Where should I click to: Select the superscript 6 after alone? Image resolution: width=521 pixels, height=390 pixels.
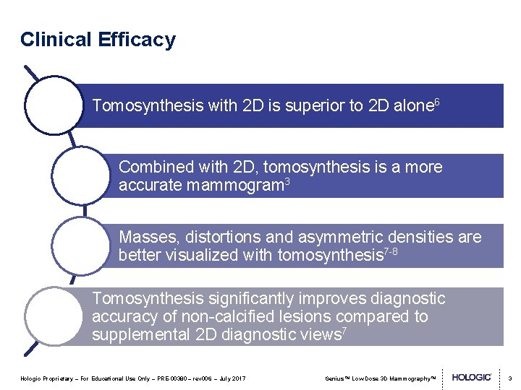pos(436,102)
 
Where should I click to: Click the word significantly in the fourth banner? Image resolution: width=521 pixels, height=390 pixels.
pos(253,298)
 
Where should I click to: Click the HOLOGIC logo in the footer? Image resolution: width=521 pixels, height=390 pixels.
pos(472,377)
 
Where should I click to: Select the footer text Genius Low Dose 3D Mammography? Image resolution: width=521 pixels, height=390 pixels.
pos(381,378)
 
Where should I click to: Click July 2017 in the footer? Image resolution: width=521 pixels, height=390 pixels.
pos(230,378)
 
